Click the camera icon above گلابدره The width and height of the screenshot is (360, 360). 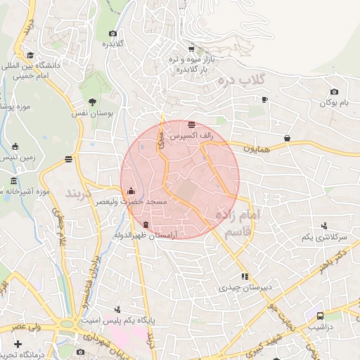click(x=112, y=34)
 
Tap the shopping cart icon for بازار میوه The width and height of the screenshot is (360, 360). click(x=191, y=49)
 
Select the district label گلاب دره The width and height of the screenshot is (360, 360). click(x=262, y=79)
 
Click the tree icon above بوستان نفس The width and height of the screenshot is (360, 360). click(x=91, y=102)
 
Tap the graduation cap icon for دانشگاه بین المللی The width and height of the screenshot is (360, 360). click(x=30, y=54)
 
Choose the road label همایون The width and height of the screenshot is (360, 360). click(x=257, y=148)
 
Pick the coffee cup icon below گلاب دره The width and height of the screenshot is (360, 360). click(x=264, y=100)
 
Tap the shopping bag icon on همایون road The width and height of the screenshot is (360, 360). click(x=288, y=139)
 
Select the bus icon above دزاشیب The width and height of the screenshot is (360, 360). click(x=321, y=316)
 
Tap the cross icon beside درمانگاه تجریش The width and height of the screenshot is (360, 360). click(x=18, y=344)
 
